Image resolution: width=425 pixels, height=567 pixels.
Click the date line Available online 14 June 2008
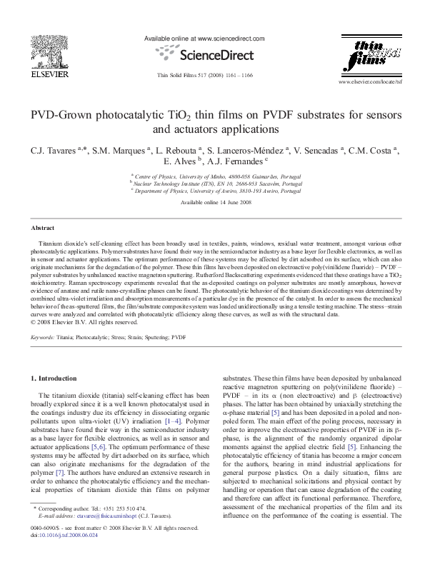pos(212,203)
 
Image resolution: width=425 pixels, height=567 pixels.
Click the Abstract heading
pos(42,228)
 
